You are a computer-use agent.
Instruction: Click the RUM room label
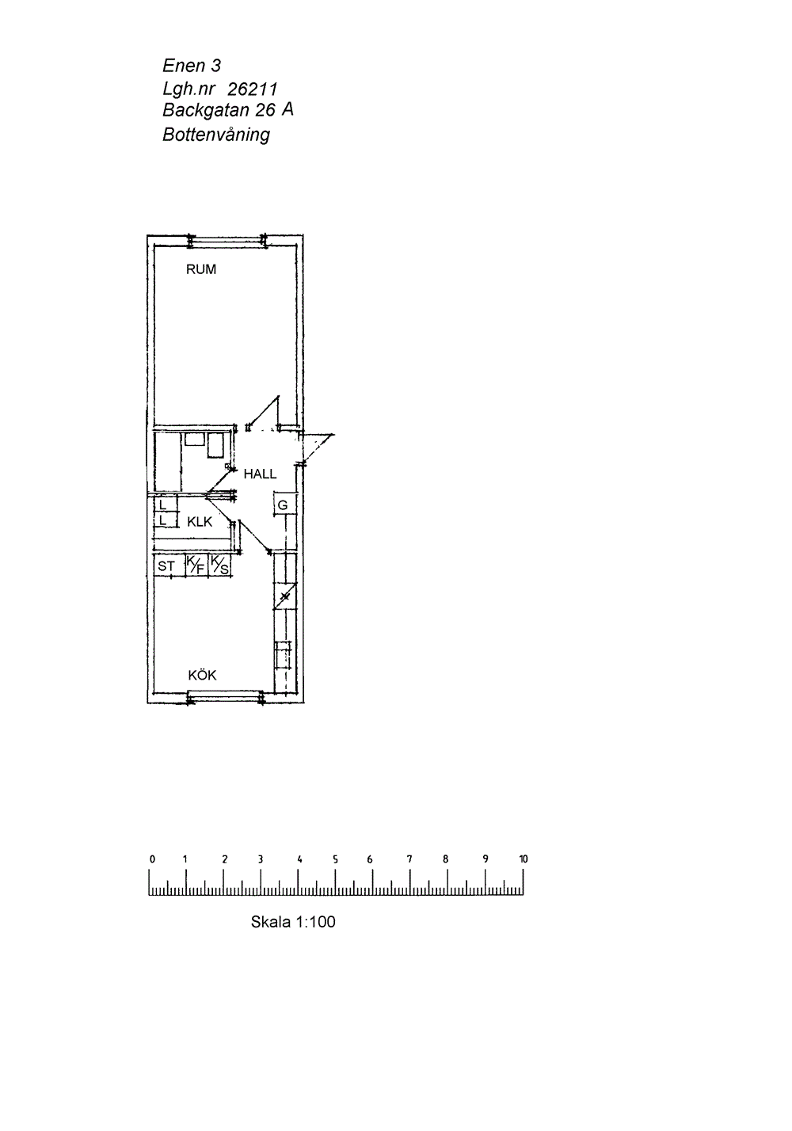coord(201,269)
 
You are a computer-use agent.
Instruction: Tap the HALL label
coord(260,474)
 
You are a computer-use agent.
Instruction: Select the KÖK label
coord(203,675)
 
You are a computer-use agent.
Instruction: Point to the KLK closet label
coord(200,522)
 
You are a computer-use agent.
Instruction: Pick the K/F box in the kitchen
coord(196,566)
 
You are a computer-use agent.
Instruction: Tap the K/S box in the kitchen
coord(219,566)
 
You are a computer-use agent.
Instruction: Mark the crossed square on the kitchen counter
coord(285,596)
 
